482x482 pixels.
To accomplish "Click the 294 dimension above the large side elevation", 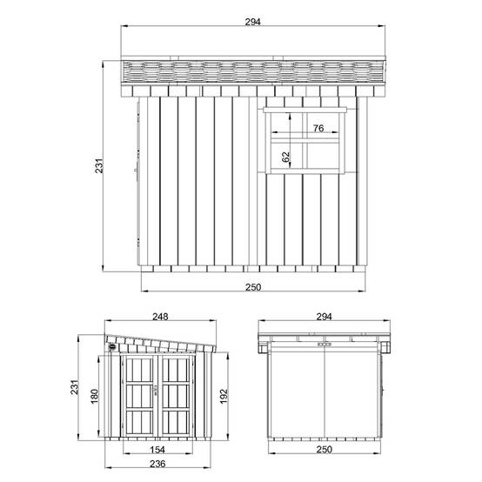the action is click(252, 22).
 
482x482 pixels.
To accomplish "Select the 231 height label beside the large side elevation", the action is click(99, 166).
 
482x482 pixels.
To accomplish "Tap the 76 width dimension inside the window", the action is click(318, 128).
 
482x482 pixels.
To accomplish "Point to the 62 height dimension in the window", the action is click(285, 157).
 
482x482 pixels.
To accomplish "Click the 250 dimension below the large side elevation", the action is click(253, 287).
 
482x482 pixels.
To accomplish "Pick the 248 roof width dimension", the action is click(160, 317).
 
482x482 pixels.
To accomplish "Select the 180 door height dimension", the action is click(95, 397).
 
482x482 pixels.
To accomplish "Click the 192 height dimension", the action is click(224, 397).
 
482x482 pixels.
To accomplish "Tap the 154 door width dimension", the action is click(157, 450).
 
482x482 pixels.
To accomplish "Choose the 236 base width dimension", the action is click(157, 464).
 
